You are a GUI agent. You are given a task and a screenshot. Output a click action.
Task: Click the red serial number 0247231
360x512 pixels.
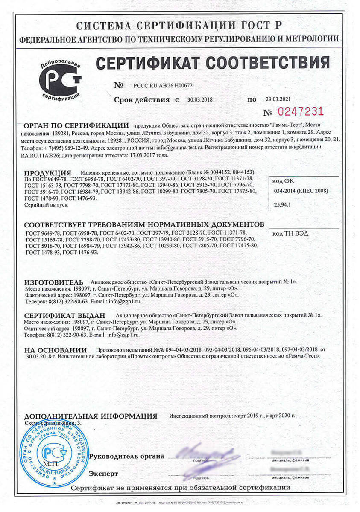pos(301,112)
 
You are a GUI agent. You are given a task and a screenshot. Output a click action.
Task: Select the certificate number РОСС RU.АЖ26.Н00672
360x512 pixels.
pos(157,85)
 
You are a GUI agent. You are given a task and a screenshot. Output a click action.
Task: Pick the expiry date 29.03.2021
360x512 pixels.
pos(277,99)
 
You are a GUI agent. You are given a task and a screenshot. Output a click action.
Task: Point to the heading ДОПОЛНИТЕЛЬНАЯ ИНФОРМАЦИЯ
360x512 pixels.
pos(91,416)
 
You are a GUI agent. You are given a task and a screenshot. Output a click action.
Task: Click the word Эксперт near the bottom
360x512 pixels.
pos(103,474)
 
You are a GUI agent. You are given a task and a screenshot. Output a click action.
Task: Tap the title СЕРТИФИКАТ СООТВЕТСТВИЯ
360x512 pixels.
pos(213,63)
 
